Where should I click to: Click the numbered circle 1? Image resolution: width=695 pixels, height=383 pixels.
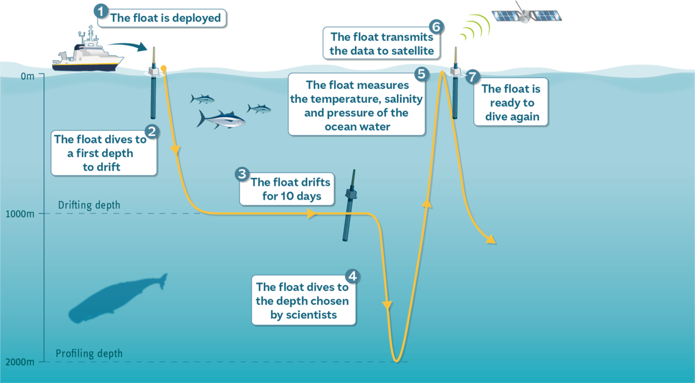pos(101,11)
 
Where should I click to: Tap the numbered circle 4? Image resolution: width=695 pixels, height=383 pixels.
pos(352,276)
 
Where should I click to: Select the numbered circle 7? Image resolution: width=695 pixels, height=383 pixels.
pos(473,77)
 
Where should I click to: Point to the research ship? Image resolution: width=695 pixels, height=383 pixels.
pos(87,51)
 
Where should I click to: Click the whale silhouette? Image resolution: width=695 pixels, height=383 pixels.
pos(118,298)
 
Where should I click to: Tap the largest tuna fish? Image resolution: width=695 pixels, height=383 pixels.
pos(221,119)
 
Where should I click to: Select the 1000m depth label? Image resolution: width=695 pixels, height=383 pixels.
pos(20,214)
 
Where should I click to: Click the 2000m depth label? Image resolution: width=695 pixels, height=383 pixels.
pos(20,362)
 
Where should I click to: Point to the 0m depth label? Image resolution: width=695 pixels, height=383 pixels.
pos(27,76)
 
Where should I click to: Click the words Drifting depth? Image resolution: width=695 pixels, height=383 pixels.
pos(89,205)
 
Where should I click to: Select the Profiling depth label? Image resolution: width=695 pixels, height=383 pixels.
pos(89,353)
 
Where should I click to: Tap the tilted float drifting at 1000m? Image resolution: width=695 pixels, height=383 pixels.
pos(350,205)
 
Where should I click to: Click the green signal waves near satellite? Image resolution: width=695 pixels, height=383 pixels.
pos(475,27)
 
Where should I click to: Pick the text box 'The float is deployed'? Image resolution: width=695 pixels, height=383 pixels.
pos(162,18)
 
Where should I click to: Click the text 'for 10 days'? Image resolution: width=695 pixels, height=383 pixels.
pos(291,196)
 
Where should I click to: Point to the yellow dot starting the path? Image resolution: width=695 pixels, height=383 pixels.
pos(163,68)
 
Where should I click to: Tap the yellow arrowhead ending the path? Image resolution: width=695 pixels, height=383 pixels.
pos(491,240)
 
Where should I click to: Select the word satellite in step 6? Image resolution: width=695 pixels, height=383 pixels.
pos(412,51)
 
